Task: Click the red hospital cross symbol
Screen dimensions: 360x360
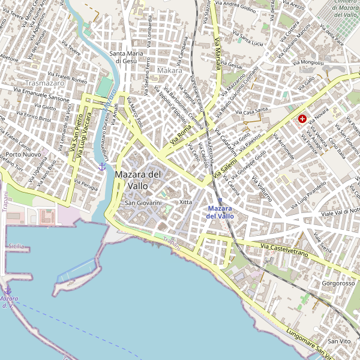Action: point(302,119)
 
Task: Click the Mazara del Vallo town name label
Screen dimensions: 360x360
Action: point(138,180)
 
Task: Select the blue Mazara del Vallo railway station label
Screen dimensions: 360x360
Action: point(220,211)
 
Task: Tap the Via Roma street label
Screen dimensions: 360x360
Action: point(180,135)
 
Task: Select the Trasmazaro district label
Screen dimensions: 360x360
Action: point(45,83)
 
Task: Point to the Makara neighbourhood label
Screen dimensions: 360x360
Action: point(169,71)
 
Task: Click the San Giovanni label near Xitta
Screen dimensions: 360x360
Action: point(143,203)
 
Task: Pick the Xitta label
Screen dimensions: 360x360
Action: point(185,202)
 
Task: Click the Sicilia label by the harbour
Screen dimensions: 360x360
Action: point(16,246)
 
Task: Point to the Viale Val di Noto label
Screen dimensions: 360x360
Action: point(340,211)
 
